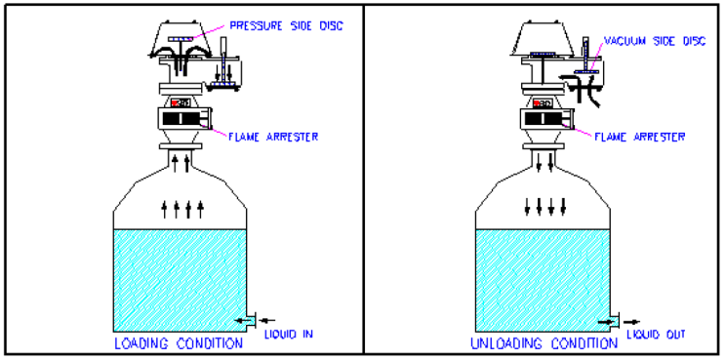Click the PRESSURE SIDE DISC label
(x=287, y=26)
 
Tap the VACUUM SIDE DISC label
(x=655, y=41)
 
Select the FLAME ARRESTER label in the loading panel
(x=273, y=137)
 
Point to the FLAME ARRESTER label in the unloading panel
(x=639, y=137)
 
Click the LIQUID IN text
(x=289, y=334)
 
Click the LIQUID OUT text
(x=656, y=334)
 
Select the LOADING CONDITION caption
(x=179, y=343)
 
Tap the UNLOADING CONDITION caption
(x=544, y=343)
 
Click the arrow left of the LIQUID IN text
(x=267, y=320)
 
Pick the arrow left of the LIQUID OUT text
(x=632, y=322)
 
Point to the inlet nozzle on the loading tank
(x=251, y=320)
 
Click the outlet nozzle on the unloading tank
(x=614, y=321)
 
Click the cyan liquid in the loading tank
(x=180, y=280)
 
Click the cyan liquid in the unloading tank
(x=543, y=280)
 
